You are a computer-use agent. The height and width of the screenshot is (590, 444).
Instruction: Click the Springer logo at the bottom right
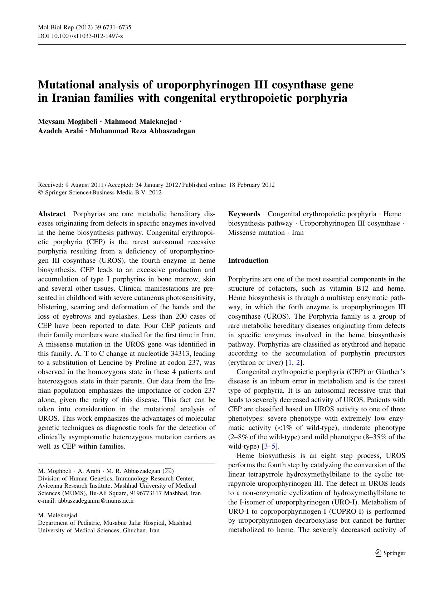tap(390, 553)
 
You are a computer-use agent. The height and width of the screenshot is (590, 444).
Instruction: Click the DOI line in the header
tap(80, 36)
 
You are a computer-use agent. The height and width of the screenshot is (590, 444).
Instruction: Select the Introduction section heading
tap(248, 261)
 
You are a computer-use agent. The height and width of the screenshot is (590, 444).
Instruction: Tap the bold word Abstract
tap(52, 214)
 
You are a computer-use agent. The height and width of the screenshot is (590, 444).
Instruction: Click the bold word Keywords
tap(244, 214)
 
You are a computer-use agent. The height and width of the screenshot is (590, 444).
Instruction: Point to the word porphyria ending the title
tap(322, 98)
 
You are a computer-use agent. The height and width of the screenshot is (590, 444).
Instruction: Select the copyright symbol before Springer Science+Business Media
tap(40, 193)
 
